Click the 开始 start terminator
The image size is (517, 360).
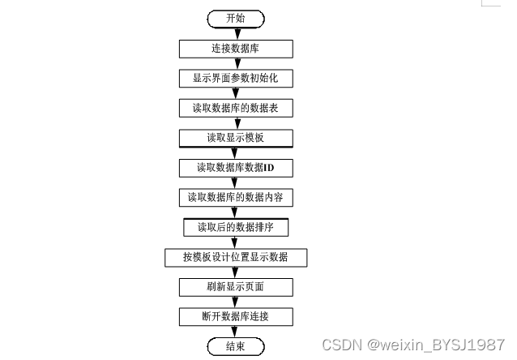[235, 18]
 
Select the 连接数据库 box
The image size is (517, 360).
[235, 48]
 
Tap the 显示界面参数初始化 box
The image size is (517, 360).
[235, 78]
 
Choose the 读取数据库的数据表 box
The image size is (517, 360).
[235, 107]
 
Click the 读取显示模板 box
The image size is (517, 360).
[235, 137]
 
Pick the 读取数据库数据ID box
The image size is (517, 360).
[235, 167]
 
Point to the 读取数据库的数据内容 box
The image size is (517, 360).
[235, 197]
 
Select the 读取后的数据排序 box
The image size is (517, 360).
[235, 227]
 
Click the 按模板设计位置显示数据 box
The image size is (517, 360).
[235, 257]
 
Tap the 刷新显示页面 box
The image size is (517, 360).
[235, 287]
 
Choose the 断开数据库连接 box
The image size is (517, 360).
[235, 316]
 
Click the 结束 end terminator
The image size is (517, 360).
[235, 346]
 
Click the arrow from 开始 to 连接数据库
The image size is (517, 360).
[235, 32]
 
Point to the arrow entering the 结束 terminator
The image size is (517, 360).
[235, 332]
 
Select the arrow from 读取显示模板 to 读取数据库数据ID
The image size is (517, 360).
[235, 152]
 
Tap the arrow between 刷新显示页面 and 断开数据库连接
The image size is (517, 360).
[235, 302]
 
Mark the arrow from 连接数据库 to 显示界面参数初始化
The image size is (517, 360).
[235, 62]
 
